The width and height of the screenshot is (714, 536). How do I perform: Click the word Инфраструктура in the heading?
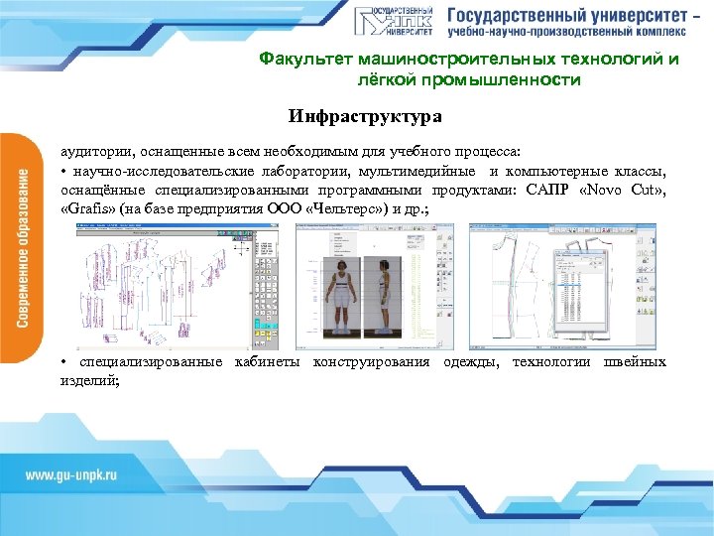pos(365,118)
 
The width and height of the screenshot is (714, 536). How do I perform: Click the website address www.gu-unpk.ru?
pos(71,474)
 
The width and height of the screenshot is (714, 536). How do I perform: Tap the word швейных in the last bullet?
pos(639,361)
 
